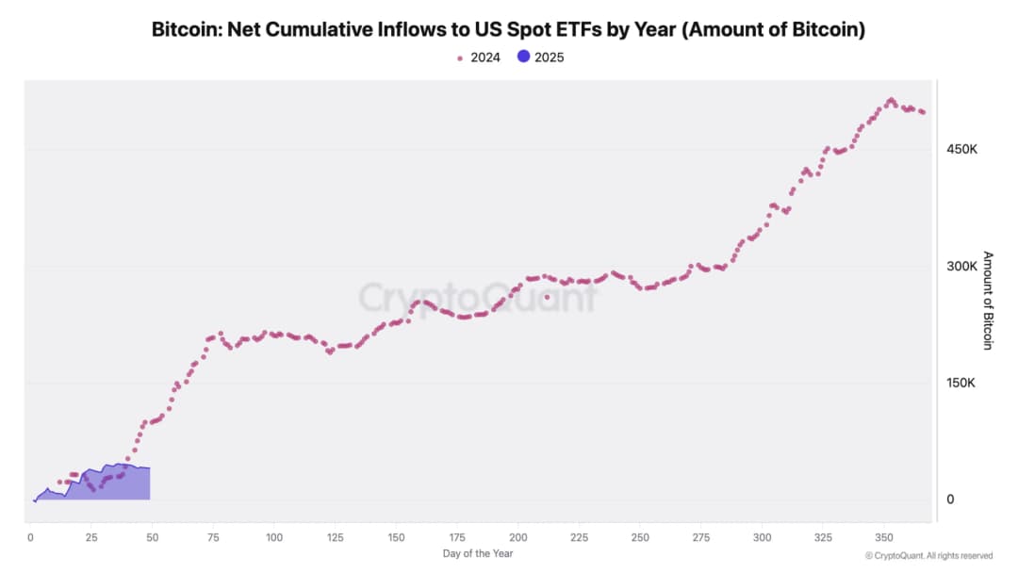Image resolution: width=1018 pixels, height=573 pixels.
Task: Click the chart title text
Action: click(x=508, y=30)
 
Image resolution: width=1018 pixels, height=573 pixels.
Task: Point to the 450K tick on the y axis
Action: click(x=961, y=149)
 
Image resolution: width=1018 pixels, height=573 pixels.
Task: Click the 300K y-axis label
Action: click(x=961, y=266)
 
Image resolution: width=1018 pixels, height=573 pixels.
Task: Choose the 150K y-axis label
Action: click(x=961, y=383)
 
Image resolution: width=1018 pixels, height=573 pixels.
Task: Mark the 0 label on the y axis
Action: click(x=950, y=499)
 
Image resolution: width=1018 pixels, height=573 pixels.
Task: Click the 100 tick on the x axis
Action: click(x=274, y=537)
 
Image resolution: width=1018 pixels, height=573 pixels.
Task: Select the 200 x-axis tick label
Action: click(x=517, y=537)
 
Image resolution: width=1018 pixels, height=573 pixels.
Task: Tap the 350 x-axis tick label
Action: click(x=883, y=537)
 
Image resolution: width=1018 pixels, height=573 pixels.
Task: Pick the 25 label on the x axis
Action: click(x=91, y=537)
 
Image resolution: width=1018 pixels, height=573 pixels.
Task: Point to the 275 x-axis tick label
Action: click(x=700, y=537)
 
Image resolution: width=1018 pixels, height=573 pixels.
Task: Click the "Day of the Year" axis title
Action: click(x=477, y=553)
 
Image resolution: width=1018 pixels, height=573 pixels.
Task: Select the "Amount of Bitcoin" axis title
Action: click(x=988, y=300)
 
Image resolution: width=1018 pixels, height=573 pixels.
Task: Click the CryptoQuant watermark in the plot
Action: click(x=477, y=298)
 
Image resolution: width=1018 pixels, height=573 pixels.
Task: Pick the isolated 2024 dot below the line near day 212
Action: click(x=547, y=297)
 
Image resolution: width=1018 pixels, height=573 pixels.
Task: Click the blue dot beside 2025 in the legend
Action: click(x=524, y=57)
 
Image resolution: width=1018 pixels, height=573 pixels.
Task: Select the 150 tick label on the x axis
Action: click(x=396, y=537)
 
